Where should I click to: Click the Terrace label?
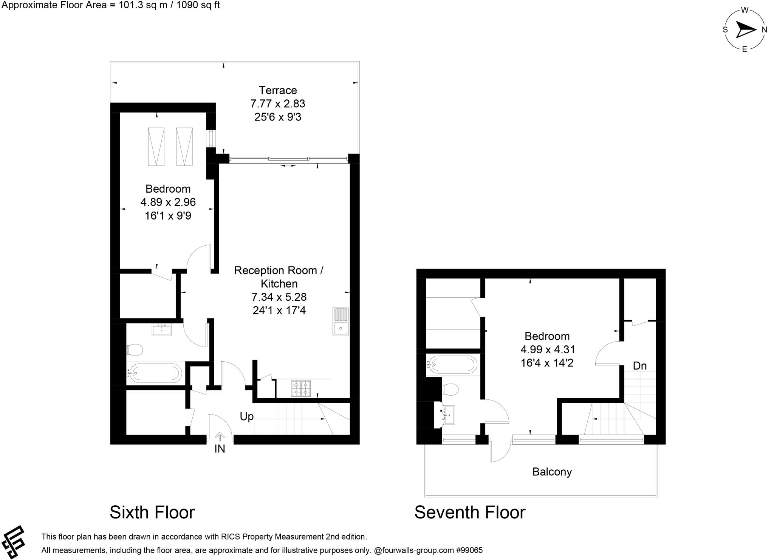pos(278,90)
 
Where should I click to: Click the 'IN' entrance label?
pos(220,449)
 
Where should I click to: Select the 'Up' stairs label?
pos(246,417)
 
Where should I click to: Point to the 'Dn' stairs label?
pos(640,366)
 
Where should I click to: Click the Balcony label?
pos(552,472)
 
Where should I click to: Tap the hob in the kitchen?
pos(301,389)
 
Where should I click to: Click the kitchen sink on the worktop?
pos(341,322)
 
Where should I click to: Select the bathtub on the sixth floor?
pos(154,373)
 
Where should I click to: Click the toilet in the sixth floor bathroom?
pos(134,350)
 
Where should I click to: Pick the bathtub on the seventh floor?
pos(451,365)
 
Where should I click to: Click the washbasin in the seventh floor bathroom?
pos(448,415)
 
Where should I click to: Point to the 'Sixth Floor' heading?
pos(152,513)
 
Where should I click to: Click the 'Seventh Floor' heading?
pos(470,513)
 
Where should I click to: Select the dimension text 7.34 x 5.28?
pos(279,297)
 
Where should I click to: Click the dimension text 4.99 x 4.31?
pos(547,350)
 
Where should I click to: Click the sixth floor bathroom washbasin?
pos(161,330)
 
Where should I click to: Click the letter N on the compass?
pos(764,30)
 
